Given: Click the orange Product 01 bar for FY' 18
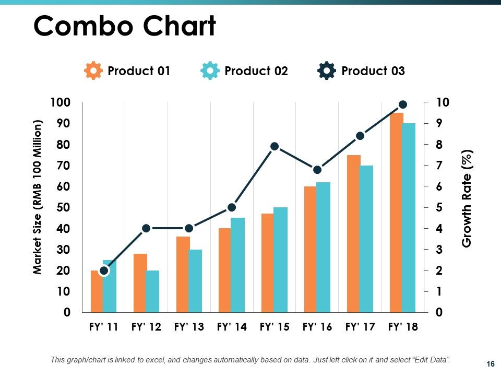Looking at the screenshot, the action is (x=397, y=213).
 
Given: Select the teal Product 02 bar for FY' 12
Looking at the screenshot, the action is (x=153, y=291).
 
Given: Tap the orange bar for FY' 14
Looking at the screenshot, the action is (x=225, y=270).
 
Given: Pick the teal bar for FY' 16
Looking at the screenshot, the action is (x=324, y=247).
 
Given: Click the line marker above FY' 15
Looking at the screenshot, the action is (x=275, y=146).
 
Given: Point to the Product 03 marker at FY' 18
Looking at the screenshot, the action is (x=403, y=104).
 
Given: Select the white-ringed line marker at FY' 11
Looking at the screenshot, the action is (x=104, y=271).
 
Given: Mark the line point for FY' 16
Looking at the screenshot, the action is (x=317, y=170).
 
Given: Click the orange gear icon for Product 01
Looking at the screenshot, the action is (x=93, y=70).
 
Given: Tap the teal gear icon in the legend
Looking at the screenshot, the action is (x=210, y=70).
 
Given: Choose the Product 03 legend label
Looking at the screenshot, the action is (x=373, y=71).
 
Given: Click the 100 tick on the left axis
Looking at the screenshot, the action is (x=60, y=103).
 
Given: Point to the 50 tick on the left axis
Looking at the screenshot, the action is (x=63, y=207).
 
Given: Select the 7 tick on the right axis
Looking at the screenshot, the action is (x=439, y=166).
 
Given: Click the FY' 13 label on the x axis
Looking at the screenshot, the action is (x=189, y=327).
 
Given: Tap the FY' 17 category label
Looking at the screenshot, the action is (x=360, y=327).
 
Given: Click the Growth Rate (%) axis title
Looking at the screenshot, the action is (x=467, y=198).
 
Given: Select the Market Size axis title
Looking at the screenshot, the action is (x=37, y=197).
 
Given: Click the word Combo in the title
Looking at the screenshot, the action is (x=83, y=26).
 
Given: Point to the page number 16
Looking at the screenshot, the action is (x=491, y=364).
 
